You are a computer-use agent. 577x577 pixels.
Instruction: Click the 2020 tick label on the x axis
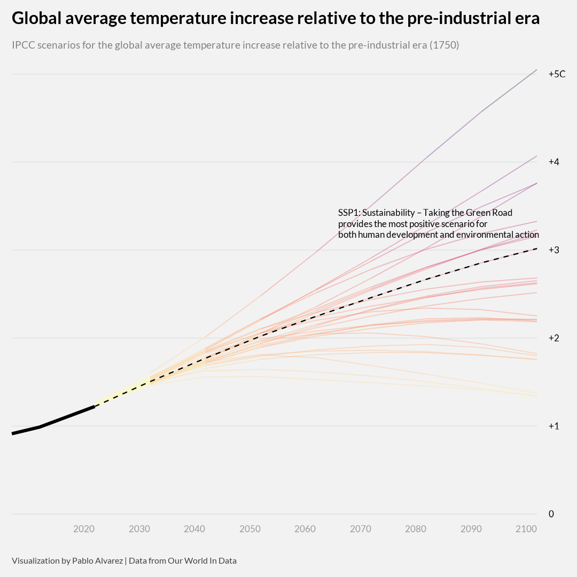(x=84, y=529)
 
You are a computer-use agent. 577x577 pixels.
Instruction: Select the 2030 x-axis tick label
(x=139, y=529)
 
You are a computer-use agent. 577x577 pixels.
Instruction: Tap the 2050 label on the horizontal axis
(x=250, y=529)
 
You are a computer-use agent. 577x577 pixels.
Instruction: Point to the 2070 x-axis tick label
(x=361, y=529)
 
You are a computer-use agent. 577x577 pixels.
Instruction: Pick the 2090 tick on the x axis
(x=471, y=529)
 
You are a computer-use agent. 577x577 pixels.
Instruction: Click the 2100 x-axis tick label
(x=526, y=529)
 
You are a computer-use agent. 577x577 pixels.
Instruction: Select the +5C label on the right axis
(x=557, y=74)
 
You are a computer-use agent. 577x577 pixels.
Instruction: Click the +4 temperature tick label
(x=553, y=162)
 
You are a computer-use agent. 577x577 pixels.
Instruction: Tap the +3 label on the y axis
(x=553, y=250)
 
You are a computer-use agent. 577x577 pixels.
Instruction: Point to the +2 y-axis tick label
(x=553, y=338)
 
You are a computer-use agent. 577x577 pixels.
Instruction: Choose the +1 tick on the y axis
(x=553, y=426)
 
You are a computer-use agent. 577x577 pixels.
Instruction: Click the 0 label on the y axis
(x=551, y=514)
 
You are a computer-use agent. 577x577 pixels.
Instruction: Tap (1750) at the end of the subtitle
(x=445, y=45)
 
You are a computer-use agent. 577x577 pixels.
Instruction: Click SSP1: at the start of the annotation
(x=349, y=213)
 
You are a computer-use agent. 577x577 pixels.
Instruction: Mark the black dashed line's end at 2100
(x=536, y=248)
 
